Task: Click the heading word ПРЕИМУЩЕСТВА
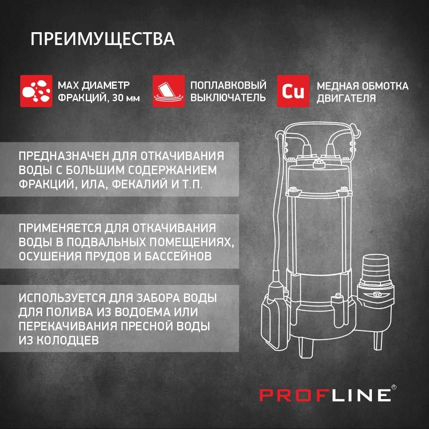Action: pyautogui.click(x=103, y=39)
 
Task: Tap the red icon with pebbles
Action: pyautogui.click(x=36, y=91)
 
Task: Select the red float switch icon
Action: pyautogui.click(x=169, y=91)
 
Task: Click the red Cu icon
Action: pyautogui.click(x=293, y=91)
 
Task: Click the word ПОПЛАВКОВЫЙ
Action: pyautogui.click(x=229, y=85)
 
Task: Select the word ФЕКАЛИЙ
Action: pyautogui.click(x=140, y=184)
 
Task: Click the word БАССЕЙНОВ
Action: pyautogui.click(x=178, y=257)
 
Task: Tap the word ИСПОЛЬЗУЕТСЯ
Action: pyautogui.click(x=62, y=298)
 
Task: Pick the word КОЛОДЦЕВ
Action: pyautogui.click(x=68, y=341)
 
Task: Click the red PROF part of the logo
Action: pyautogui.click(x=294, y=396)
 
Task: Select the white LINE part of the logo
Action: pyautogui.click(x=361, y=396)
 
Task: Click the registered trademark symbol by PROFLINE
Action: pyautogui.click(x=394, y=387)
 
